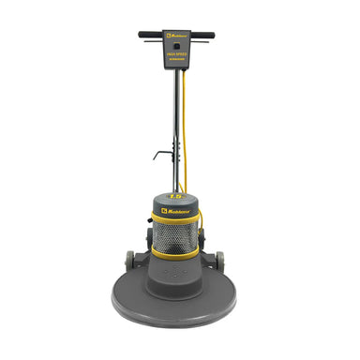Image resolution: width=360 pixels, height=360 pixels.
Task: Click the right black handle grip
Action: [213, 36]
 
